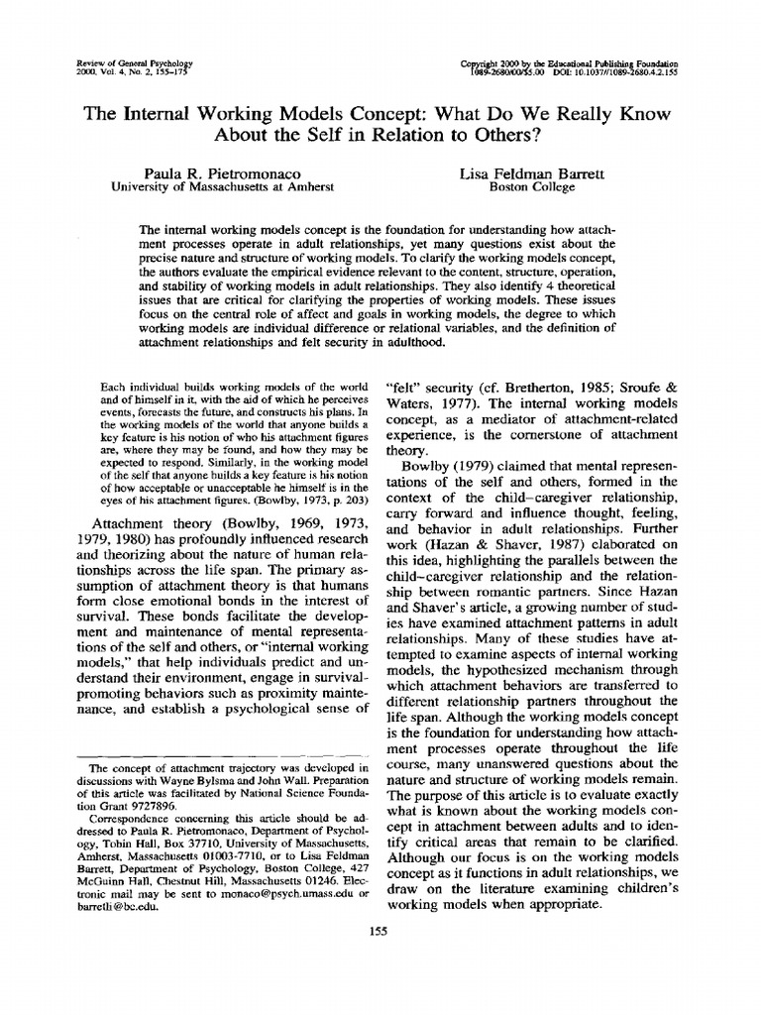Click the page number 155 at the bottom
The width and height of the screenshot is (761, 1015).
376,931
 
